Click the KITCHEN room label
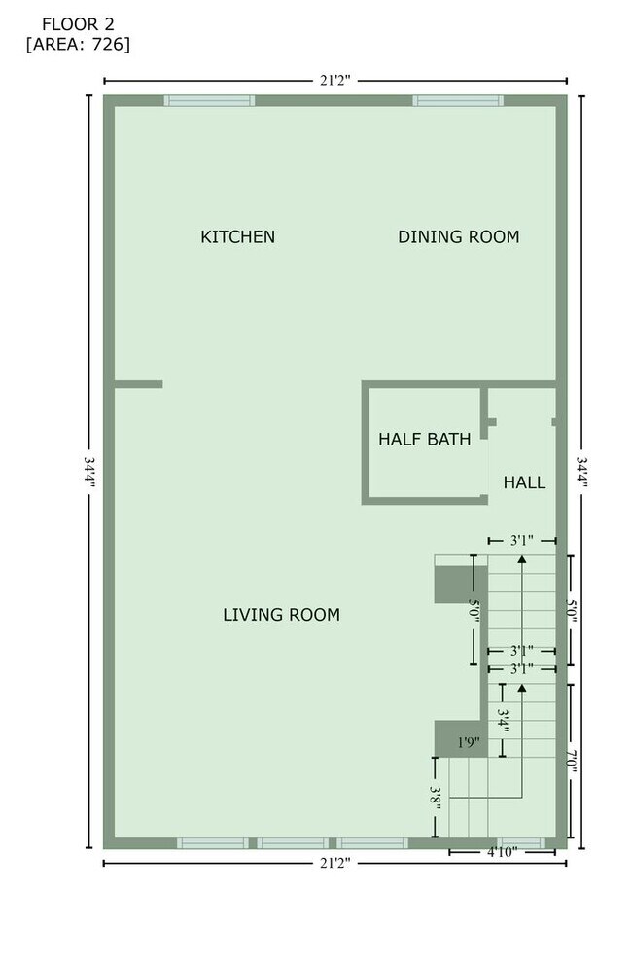pos(237,236)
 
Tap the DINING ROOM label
pos(458,236)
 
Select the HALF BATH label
pos(424,440)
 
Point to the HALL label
pos(524,482)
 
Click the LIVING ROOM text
pos(281,614)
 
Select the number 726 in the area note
pos(109,44)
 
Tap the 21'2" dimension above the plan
pos(334,80)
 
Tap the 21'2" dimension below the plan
pos(334,862)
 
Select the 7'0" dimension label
pos(573,760)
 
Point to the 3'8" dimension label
pos(438,799)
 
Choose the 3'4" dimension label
pos(503,720)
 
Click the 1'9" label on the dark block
pos(469,743)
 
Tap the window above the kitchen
pos(208,100)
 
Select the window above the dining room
pos(457,100)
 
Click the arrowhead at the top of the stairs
pos(522,559)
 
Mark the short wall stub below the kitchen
pos(138,384)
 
